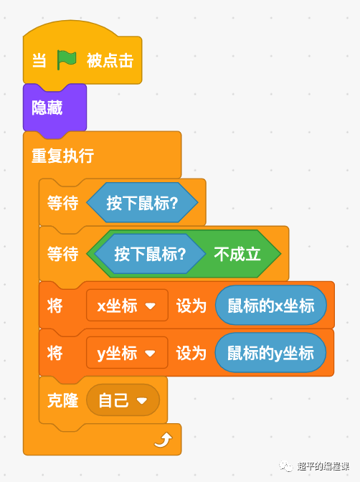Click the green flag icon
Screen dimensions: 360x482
pyautogui.click(x=67, y=60)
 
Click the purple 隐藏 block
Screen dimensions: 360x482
pyautogui.click(x=55, y=108)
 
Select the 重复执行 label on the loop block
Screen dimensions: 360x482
pyautogui.click(x=62, y=156)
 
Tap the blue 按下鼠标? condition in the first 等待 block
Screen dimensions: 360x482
pyautogui.click(x=142, y=202)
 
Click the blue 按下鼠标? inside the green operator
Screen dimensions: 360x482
pyautogui.click(x=150, y=254)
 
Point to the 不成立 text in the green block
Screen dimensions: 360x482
pyautogui.click(x=237, y=254)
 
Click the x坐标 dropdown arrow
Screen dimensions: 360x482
pyautogui.click(x=151, y=306)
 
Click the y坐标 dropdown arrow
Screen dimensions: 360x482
pyautogui.click(x=150, y=354)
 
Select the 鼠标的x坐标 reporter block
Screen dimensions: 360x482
pyautogui.click(x=271, y=306)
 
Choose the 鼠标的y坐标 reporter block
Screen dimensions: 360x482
pyautogui.click(x=270, y=353)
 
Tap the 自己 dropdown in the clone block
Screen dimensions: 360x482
pyautogui.click(x=123, y=400)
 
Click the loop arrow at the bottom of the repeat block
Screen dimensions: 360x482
pyautogui.click(x=164, y=440)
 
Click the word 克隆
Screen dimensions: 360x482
pyautogui.click(x=62, y=400)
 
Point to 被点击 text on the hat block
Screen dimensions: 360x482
pyautogui.click(x=110, y=60)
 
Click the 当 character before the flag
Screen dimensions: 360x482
pyautogui.click(x=39, y=60)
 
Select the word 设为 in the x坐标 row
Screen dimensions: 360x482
pyautogui.click(x=191, y=306)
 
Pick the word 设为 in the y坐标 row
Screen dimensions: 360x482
pyautogui.click(x=191, y=354)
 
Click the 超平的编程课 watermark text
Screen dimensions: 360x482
pyautogui.click(x=323, y=466)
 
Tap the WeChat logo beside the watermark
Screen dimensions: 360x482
pyautogui.click(x=286, y=466)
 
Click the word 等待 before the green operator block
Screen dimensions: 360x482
pyautogui.click(x=62, y=254)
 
